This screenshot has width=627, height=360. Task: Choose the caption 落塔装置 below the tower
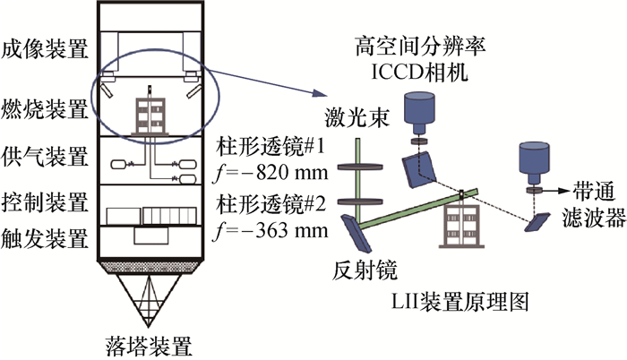coord(149,345)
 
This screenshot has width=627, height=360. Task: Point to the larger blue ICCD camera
coord(419,109)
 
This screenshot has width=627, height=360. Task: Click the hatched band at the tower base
coord(149,267)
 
